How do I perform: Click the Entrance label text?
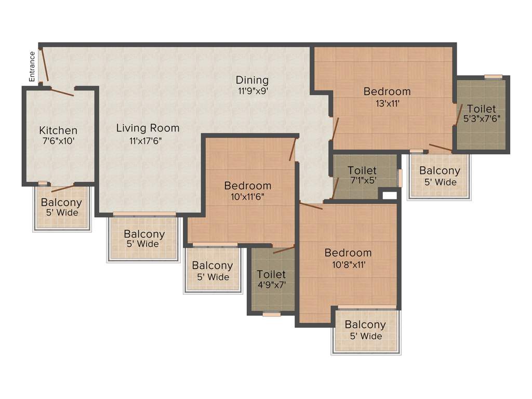point(32,66)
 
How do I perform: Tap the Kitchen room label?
point(58,130)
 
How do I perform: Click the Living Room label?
point(148,128)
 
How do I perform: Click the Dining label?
point(252,80)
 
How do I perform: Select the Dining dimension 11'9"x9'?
point(252,90)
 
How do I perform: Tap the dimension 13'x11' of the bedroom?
point(387,103)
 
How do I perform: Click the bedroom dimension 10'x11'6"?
point(248,197)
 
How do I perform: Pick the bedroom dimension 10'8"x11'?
point(348,264)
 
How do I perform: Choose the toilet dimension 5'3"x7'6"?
point(482,118)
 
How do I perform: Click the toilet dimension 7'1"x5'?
point(362,181)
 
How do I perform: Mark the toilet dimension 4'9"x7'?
point(271,285)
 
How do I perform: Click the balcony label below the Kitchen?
point(61,203)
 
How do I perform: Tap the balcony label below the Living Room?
point(144,234)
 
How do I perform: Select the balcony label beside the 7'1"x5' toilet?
point(440,171)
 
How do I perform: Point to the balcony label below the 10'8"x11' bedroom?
point(365,325)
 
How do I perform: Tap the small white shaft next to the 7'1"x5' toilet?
point(389,196)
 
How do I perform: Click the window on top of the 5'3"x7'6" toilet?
point(493,77)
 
